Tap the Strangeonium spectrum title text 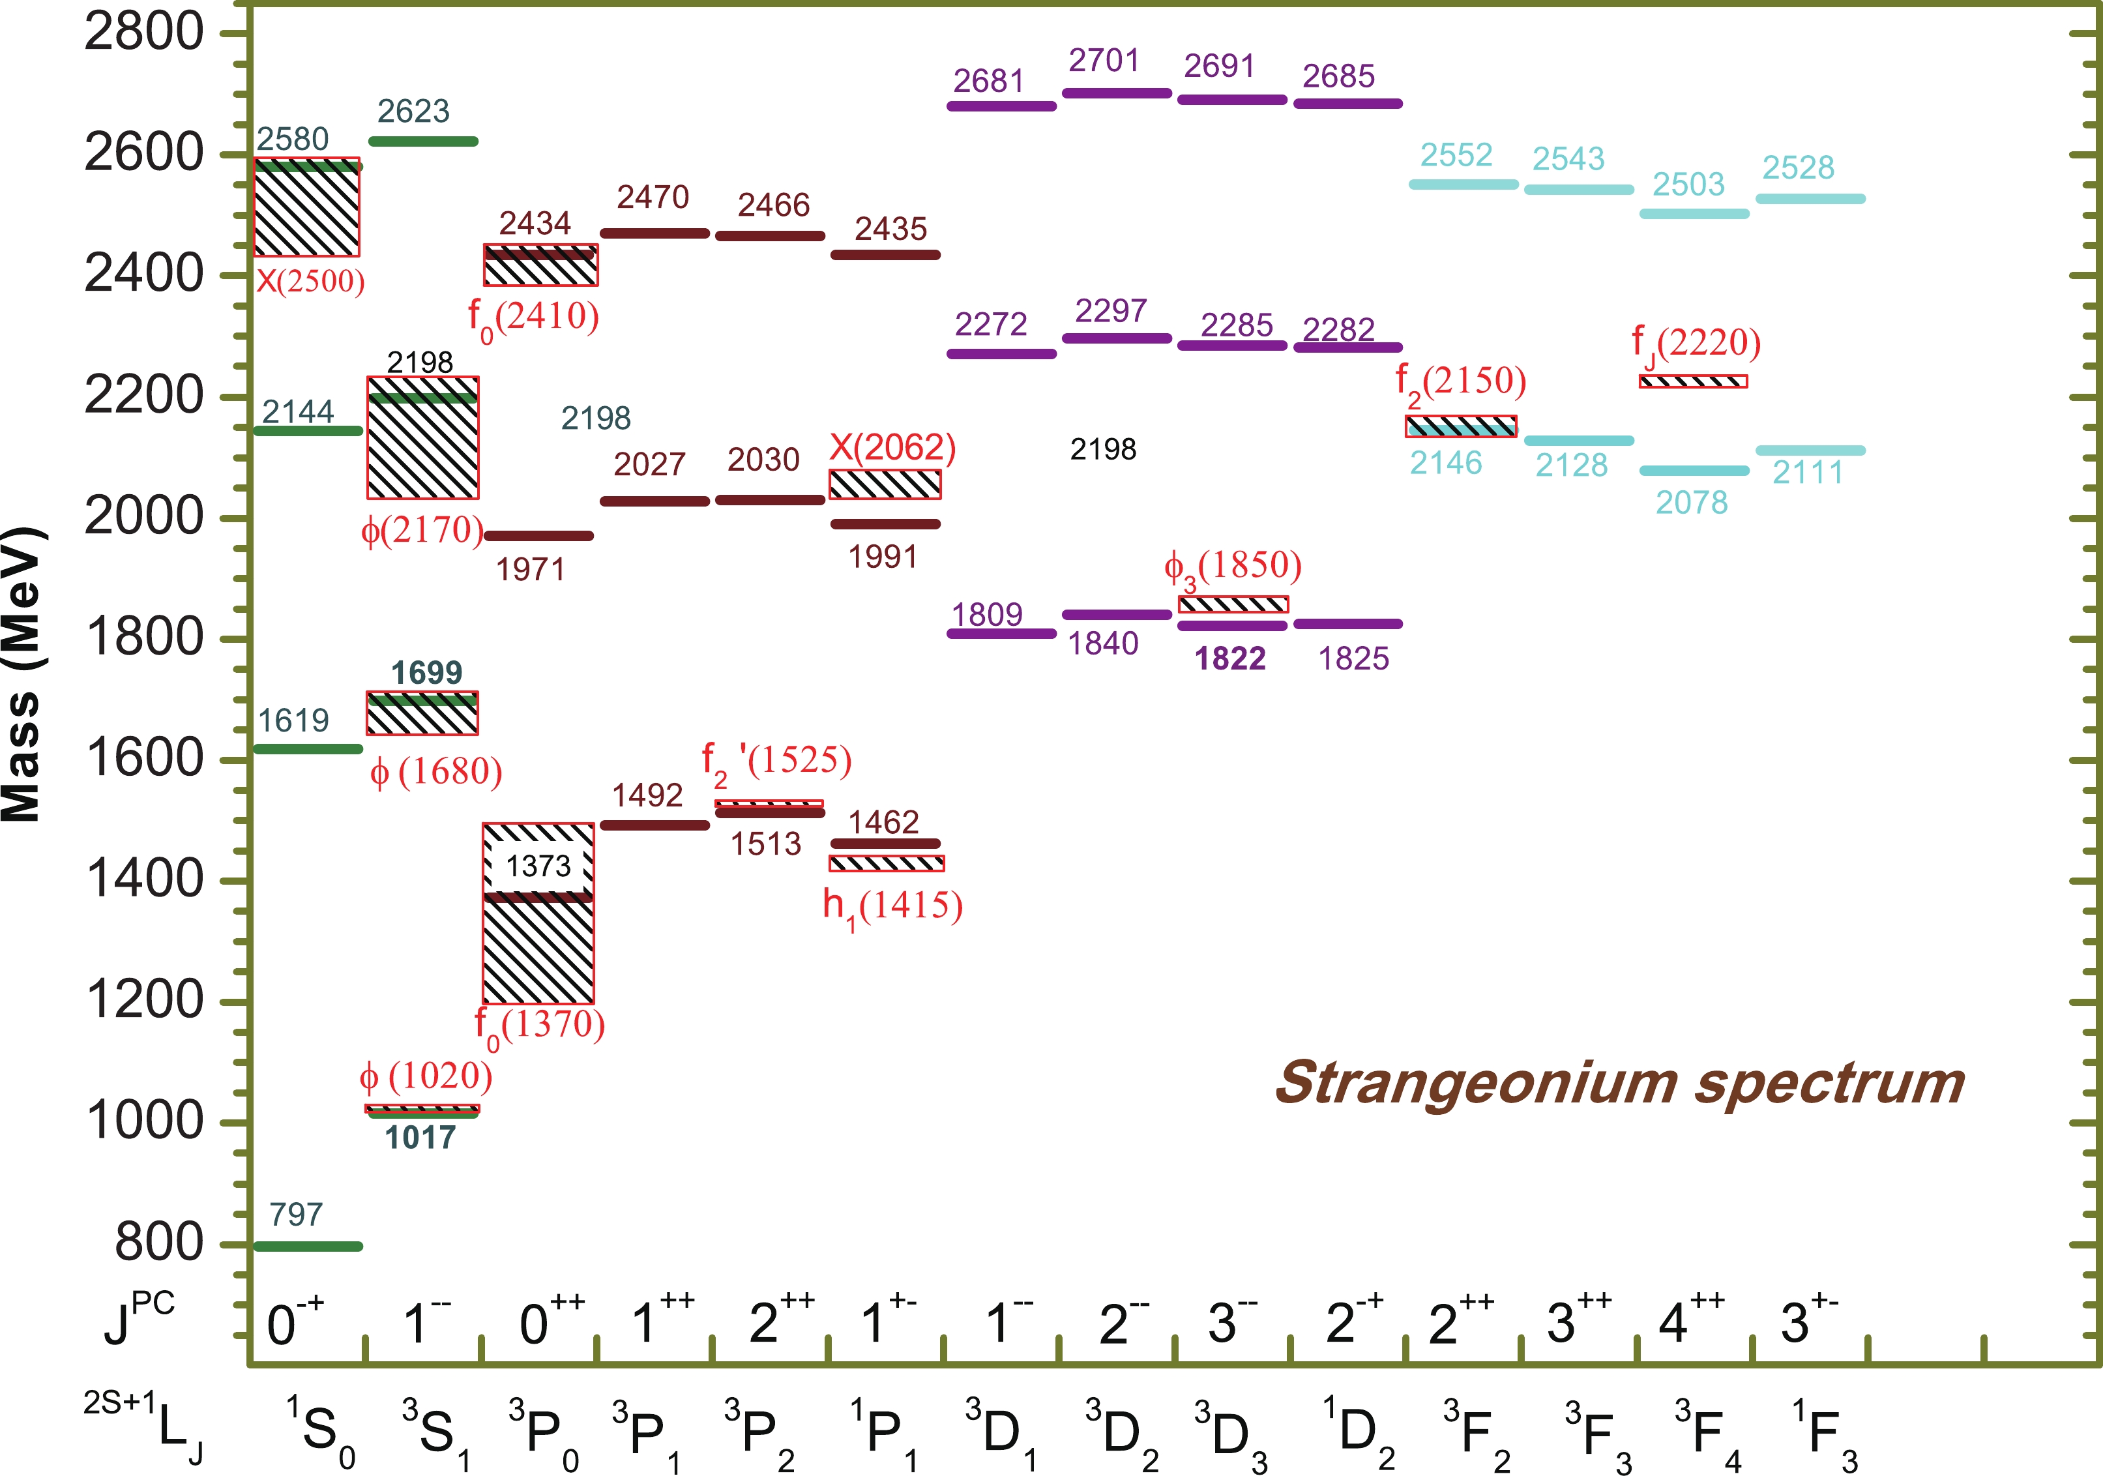(1619, 1084)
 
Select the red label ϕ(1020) (426, 1076)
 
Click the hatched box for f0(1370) (538, 953)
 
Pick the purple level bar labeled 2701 (1117, 93)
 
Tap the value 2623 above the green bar (413, 111)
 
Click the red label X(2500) (310, 280)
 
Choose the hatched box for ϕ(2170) (423, 449)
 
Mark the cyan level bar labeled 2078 (1694, 471)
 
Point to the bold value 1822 (1230, 658)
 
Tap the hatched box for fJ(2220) (1693, 381)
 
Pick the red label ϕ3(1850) (1233, 567)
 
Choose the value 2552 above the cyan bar (1456, 156)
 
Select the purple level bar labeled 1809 (1001, 633)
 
